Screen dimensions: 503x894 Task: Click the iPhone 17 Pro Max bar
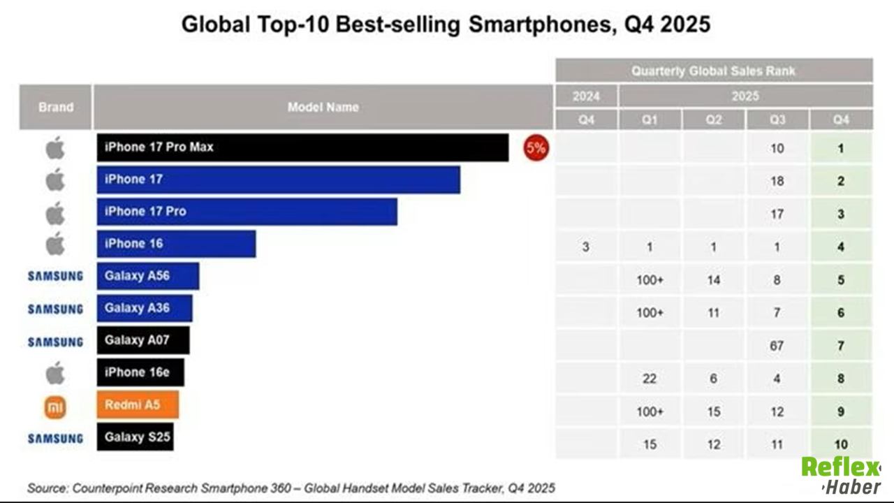tap(302, 147)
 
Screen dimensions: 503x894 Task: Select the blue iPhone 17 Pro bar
tap(247, 212)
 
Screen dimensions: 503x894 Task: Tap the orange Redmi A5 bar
tap(138, 404)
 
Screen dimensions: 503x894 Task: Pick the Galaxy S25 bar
tap(135, 437)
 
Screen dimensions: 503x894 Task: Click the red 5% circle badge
tap(536, 148)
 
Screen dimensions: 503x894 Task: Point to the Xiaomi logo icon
tap(55, 406)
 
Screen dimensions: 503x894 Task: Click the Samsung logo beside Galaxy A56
tap(55, 276)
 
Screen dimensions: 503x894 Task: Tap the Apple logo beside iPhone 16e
tap(55, 373)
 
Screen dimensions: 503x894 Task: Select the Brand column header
tap(55, 107)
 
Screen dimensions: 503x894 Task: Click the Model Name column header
tap(323, 107)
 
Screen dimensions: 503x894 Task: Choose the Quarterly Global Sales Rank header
tap(713, 71)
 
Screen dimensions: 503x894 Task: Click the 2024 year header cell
tap(586, 96)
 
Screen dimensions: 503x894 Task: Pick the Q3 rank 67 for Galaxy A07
tap(777, 346)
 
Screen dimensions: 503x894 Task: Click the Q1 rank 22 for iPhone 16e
tap(650, 379)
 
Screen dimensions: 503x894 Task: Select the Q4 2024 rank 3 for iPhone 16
tap(586, 247)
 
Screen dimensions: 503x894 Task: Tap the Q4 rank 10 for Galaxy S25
tap(841, 444)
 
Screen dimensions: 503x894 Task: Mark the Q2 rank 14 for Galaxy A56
tap(713, 280)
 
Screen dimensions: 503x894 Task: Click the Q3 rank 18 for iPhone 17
tap(777, 181)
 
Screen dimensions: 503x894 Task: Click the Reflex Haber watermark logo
tap(840, 475)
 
